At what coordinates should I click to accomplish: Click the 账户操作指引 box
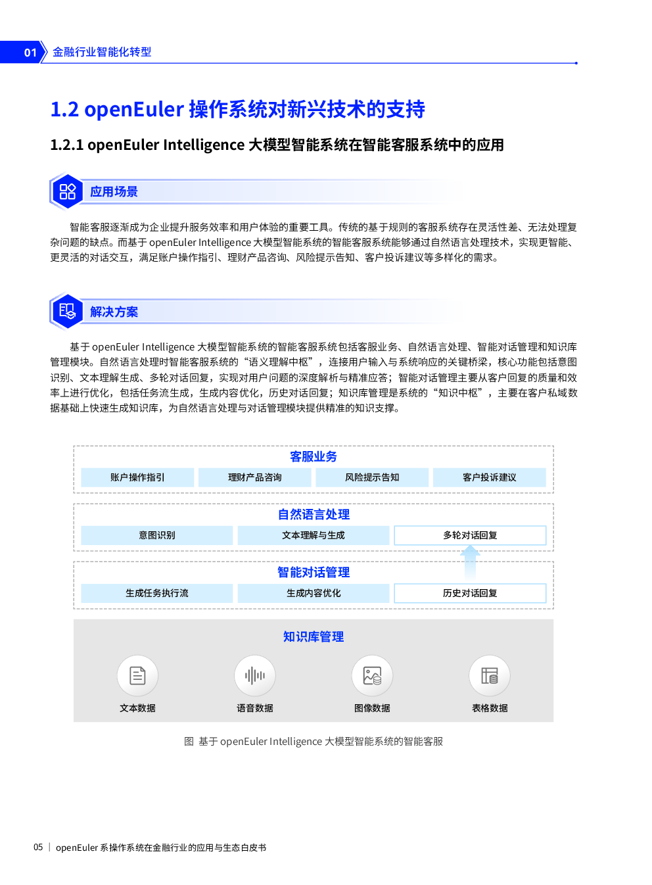click(x=137, y=477)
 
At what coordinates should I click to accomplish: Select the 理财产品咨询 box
click(x=255, y=477)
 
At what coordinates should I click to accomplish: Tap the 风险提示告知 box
click(x=372, y=477)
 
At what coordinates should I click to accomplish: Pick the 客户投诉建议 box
click(x=490, y=477)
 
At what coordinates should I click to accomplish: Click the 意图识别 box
click(x=157, y=535)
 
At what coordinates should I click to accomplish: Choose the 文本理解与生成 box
click(x=314, y=535)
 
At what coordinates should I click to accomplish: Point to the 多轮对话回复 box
click(x=470, y=535)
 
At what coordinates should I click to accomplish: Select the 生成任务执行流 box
click(x=157, y=593)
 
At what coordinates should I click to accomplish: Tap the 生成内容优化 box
click(x=314, y=593)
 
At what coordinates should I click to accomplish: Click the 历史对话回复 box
click(x=470, y=593)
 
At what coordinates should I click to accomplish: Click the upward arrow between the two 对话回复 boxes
click(x=470, y=563)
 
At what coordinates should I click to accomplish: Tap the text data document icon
click(x=137, y=675)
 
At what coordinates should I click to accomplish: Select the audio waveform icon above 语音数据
click(x=255, y=675)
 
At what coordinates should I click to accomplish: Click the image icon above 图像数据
click(x=372, y=675)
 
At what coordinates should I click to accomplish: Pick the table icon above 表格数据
click(x=490, y=675)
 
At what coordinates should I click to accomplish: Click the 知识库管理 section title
click(x=314, y=636)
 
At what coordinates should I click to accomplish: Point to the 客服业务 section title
click(x=314, y=456)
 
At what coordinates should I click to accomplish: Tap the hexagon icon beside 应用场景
click(x=67, y=191)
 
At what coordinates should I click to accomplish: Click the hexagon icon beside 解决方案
click(x=67, y=312)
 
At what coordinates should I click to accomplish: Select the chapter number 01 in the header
click(x=30, y=53)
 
